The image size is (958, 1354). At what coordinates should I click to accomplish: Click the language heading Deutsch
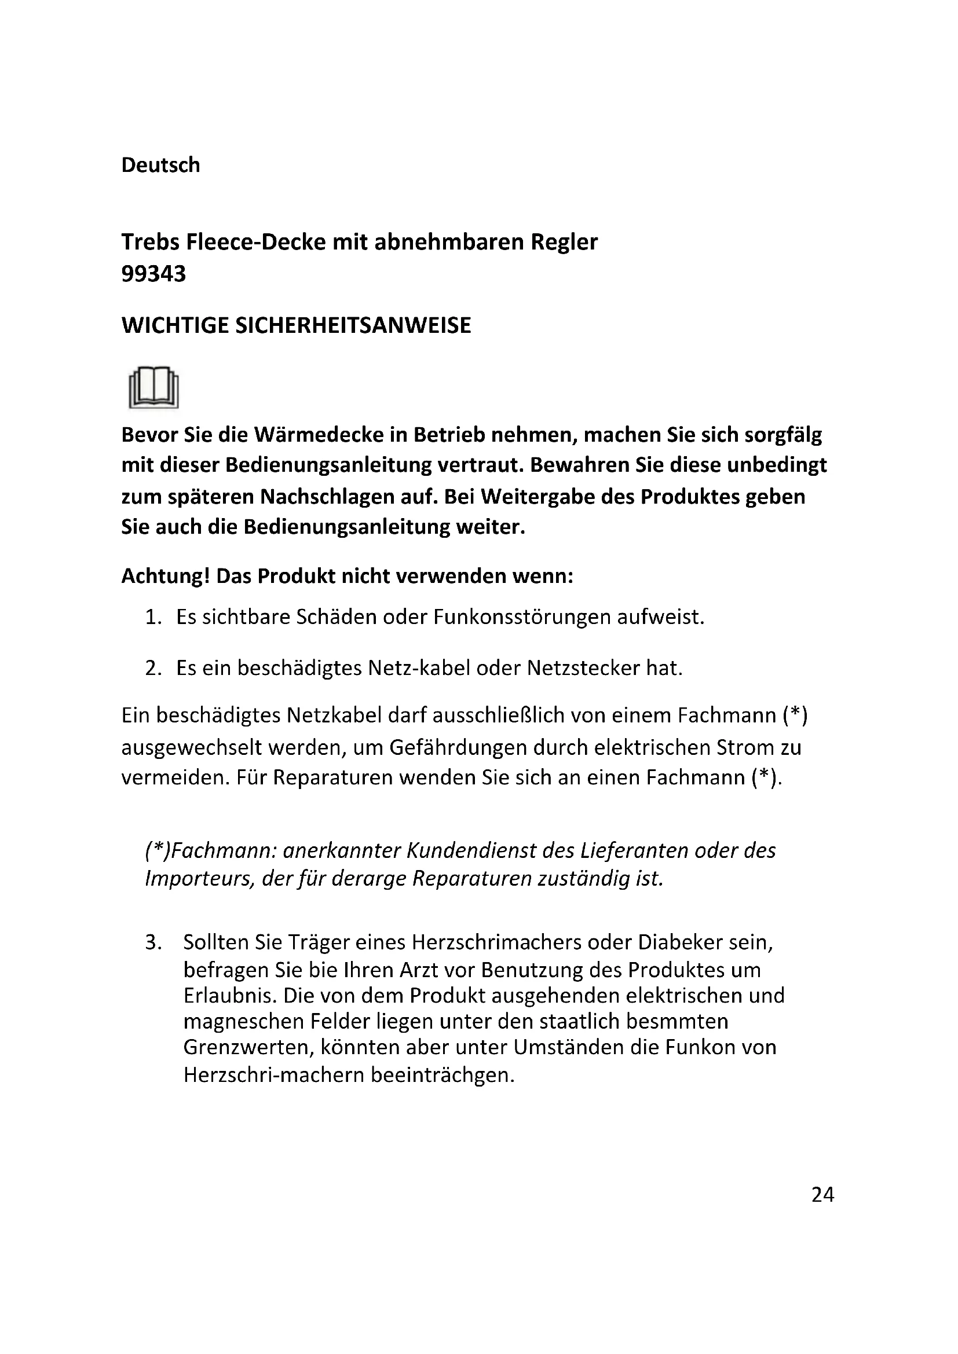point(160,165)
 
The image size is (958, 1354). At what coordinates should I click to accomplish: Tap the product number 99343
point(153,274)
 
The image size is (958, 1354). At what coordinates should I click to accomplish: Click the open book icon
point(153,387)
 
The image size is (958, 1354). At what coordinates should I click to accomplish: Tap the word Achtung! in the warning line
point(166,575)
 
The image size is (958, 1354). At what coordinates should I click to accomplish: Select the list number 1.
point(153,618)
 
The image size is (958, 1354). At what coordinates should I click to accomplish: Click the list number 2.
point(153,668)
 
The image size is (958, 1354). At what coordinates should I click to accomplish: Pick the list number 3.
point(153,942)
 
